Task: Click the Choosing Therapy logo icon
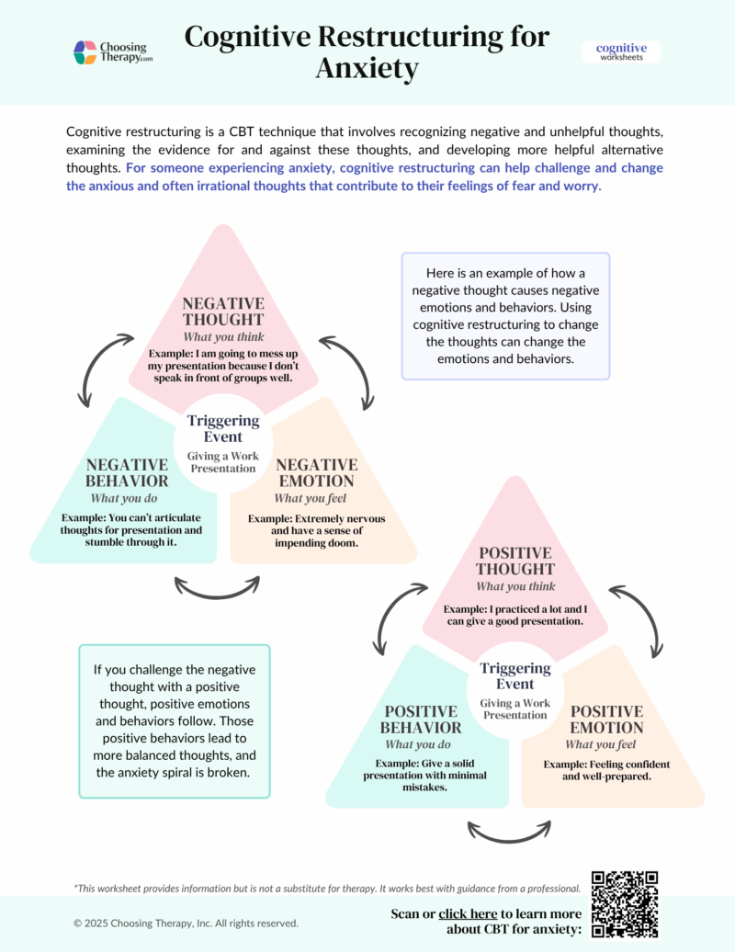85,52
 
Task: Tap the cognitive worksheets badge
621,51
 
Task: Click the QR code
625,904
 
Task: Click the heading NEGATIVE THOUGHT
223,312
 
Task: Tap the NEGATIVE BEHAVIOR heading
127,472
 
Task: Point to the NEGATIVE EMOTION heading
315,472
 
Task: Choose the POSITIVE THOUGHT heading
514,561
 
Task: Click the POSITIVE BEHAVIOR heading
421,720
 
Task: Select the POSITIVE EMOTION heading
606,720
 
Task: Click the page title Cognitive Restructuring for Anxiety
367,51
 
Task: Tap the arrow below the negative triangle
217,587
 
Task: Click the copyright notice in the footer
186,923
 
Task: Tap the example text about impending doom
317,531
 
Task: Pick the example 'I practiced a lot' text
514,615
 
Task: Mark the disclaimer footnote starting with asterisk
326,889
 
